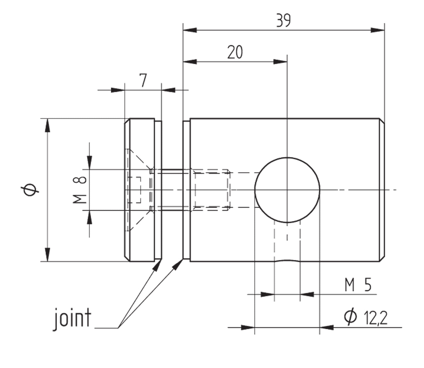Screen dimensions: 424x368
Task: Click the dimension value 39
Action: click(x=283, y=21)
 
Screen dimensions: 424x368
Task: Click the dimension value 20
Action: click(x=235, y=52)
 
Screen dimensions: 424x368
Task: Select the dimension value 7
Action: click(x=143, y=80)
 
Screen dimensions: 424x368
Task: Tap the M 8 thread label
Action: click(x=80, y=190)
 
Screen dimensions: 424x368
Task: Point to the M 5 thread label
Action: click(x=358, y=285)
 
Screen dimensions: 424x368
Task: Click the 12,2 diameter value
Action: click(x=375, y=318)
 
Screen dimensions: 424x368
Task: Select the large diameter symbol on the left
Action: click(x=30, y=190)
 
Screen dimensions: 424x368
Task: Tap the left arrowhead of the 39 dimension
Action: click(x=190, y=30)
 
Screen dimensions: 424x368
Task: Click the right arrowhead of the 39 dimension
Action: click(x=378, y=30)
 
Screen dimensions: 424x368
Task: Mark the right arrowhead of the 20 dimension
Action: click(x=281, y=62)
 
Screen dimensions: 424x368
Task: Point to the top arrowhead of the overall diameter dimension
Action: click(x=48, y=125)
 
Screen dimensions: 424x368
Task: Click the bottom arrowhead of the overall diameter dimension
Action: click(x=48, y=254)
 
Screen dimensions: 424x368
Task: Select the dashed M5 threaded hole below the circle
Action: click(x=287, y=241)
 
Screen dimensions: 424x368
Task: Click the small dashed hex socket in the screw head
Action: click(x=135, y=190)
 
